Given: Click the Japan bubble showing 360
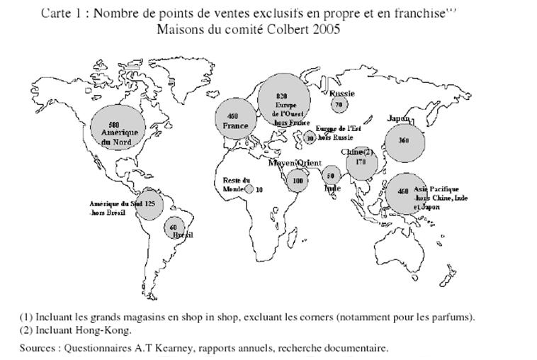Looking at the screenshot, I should click(405, 141).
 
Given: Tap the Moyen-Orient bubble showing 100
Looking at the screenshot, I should click(298, 181).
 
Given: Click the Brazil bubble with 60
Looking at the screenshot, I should click(174, 228).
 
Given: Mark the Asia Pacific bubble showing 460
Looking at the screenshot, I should click(404, 191).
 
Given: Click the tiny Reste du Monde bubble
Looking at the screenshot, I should click(249, 189).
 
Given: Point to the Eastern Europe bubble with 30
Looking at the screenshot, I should click(310, 139).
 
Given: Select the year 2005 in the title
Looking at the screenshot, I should click(324, 30).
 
